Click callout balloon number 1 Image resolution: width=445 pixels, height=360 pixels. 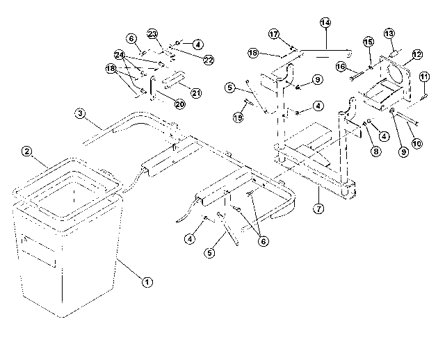click(x=147, y=282)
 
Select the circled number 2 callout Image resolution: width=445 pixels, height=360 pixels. click(x=27, y=151)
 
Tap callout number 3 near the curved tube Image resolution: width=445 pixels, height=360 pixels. click(x=81, y=113)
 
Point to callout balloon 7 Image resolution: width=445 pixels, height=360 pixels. click(x=318, y=208)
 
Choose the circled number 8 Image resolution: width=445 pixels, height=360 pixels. click(x=375, y=152)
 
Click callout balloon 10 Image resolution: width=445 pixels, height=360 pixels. click(x=417, y=143)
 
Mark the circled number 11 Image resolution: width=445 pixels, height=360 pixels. click(x=424, y=76)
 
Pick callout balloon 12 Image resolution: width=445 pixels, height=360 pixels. click(x=417, y=54)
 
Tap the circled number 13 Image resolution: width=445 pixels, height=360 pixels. click(x=389, y=33)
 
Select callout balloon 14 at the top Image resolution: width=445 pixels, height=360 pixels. click(x=325, y=22)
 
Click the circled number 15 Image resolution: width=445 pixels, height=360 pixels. click(x=369, y=42)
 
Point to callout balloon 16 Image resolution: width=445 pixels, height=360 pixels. click(x=341, y=67)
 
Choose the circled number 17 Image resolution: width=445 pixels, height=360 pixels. click(x=274, y=34)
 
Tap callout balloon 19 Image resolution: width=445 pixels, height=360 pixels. click(x=238, y=117)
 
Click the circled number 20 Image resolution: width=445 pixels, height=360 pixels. click(x=179, y=104)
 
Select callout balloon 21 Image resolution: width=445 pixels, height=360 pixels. click(x=196, y=92)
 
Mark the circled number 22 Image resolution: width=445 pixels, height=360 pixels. click(x=209, y=60)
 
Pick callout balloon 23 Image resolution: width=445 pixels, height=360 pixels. click(x=152, y=34)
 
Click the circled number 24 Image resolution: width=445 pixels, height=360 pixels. click(x=120, y=54)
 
